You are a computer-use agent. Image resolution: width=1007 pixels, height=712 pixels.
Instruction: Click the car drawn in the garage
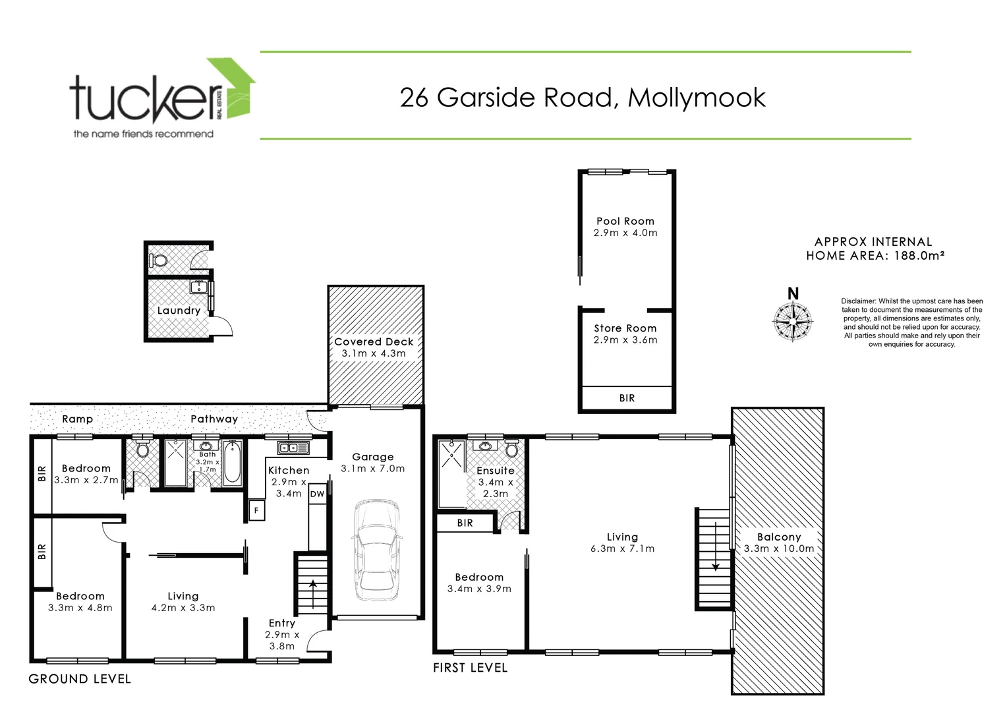coord(376,550)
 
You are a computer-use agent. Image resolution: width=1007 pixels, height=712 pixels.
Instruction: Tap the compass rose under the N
coord(793,321)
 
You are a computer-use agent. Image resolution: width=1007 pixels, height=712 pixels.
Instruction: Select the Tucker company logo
coord(162,99)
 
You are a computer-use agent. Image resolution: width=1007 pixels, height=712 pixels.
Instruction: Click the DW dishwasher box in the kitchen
coord(317,494)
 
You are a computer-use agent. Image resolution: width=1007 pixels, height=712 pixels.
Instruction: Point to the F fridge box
coord(256,510)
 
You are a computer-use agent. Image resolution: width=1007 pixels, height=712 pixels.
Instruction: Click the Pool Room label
coord(625,222)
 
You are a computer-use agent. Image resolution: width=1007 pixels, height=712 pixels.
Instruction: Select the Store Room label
coord(625,328)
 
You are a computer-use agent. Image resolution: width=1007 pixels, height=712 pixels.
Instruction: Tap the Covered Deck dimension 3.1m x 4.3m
coord(374,353)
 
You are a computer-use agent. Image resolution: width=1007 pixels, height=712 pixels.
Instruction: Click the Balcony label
coord(778,537)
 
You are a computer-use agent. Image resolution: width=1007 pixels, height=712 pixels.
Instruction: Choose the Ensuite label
coord(496,471)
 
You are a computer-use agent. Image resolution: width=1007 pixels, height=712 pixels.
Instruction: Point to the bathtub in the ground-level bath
coord(232,463)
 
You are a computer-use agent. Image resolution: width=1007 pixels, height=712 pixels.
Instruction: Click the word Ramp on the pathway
coord(78,419)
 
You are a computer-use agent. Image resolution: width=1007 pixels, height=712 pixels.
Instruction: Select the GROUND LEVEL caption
coord(80,679)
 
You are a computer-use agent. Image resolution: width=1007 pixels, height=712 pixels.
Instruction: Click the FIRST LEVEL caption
coord(470,668)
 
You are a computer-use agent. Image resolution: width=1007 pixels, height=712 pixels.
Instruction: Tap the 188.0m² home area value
coord(919,256)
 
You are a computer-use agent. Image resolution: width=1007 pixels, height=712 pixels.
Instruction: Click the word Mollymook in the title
coord(697,98)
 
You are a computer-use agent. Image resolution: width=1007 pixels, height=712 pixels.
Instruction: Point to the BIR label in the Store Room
coord(627,398)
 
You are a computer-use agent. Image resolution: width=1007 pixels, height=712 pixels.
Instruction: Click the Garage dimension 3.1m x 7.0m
coord(373,469)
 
